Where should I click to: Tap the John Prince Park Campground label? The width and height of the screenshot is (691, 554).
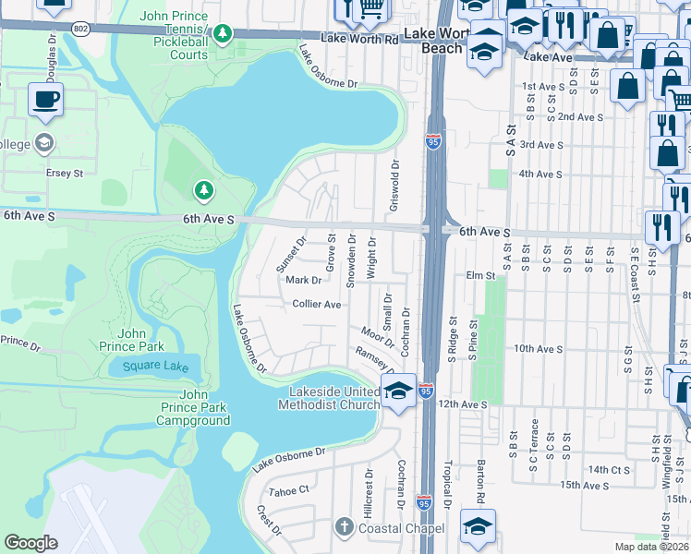(193, 407)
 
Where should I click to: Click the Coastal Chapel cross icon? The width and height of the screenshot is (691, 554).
(344, 527)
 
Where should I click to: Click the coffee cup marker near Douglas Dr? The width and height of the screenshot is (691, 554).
(45, 100)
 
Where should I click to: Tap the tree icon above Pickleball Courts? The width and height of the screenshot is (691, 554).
(222, 34)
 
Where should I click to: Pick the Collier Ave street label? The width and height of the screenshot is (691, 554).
(317, 304)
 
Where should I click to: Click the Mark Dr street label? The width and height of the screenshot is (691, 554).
(302, 280)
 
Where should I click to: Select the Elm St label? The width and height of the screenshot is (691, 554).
(481, 275)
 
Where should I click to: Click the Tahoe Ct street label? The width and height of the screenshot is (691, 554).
(290, 491)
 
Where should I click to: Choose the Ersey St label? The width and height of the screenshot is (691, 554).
(65, 173)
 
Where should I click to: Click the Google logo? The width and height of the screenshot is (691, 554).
(31, 543)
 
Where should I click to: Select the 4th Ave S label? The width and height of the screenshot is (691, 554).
(540, 174)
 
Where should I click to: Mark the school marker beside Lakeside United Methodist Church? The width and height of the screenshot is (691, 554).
(398, 391)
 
